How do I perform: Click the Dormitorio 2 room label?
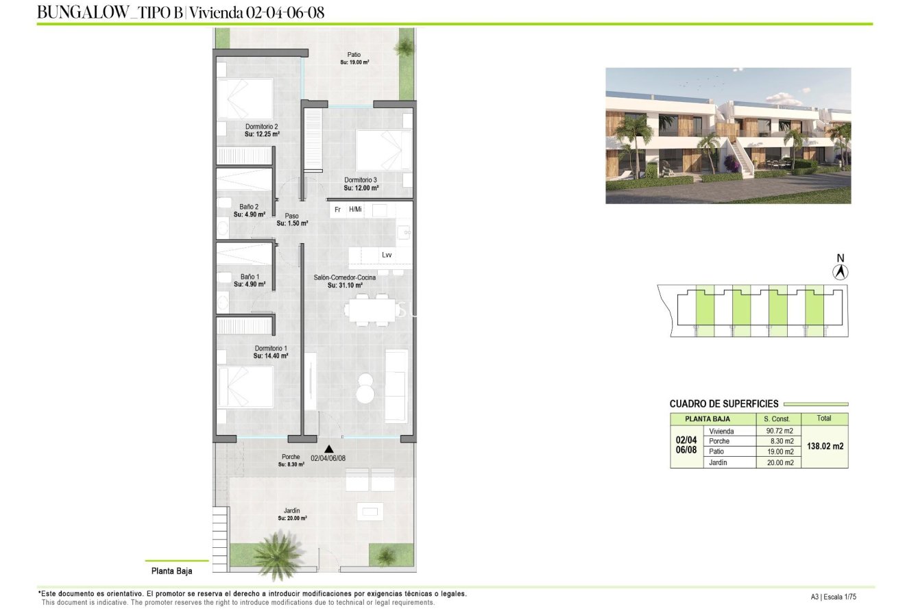pyautogui.click(x=261, y=127)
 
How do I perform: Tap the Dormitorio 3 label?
pyautogui.click(x=361, y=180)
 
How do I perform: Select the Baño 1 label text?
pyautogui.click(x=249, y=277)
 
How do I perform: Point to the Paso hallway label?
pyautogui.click(x=292, y=216)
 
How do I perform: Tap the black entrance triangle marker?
pyautogui.click(x=328, y=449)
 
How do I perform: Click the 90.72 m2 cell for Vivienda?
pyautogui.click(x=779, y=431)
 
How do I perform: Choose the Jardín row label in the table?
pyautogui.click(x=719, y=463)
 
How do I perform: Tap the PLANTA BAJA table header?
pyautogui.click(x=707, y=419)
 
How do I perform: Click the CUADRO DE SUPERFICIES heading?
pyautogui.click(x=723, y=404)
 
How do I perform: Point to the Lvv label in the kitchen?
pyautogui.click(x=387, y=255)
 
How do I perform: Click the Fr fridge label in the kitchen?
pyautogui.click(x=337, y=210)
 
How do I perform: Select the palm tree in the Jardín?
pyautogui.click(x=278, y=553)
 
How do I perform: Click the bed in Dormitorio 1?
pyautogui.click(x=245, y=387)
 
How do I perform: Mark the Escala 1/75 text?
pyautogui.click(x=842, y=597)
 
